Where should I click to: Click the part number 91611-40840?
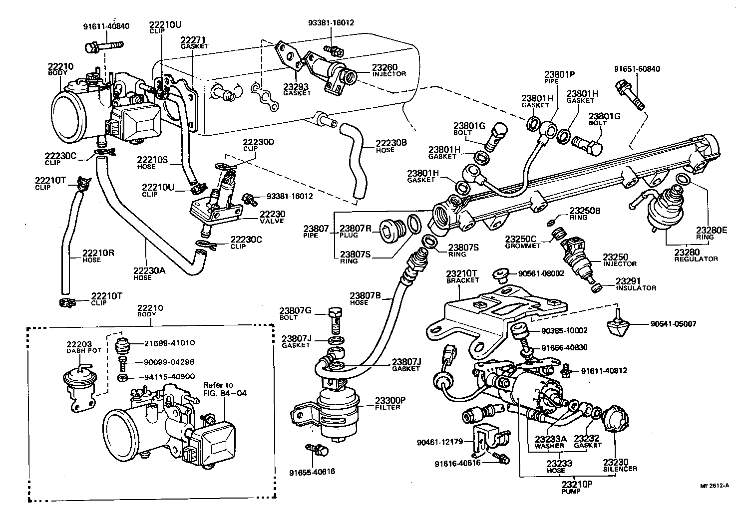[x=106, y=26]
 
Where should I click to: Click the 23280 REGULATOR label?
[x=696, y=256]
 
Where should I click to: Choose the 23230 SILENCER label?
[x=619, y=465]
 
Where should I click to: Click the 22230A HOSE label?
[x=142, y=273]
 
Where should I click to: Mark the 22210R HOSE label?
[x=91, y=256]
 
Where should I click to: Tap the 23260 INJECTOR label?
[x=388, y=70]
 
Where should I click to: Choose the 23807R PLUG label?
[x=355, y=231]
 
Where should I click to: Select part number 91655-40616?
[x=312, y=472]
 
